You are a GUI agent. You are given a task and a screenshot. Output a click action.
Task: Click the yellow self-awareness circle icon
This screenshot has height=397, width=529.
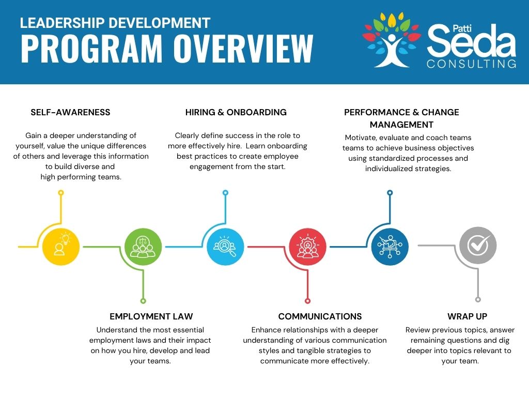pyautogui.click(x=61, y=247)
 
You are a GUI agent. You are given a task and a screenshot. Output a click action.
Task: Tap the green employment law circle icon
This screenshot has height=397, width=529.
pyautogui.click(x=143, y=247)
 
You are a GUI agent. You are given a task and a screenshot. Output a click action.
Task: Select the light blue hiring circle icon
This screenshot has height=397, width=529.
pyautogui.click(x=225, y=247)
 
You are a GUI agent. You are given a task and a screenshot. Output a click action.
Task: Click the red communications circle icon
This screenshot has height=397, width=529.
pyautogui.click(x=308, y=247)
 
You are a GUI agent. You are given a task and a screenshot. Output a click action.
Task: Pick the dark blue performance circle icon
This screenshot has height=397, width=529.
pyautogui.click(x=390, y=247)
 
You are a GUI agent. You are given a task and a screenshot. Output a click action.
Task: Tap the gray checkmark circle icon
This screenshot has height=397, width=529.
pyautogui.click(x=478, y=246)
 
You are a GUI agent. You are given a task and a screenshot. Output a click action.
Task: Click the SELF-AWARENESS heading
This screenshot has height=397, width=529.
pyautogui.click(x=70, y=112)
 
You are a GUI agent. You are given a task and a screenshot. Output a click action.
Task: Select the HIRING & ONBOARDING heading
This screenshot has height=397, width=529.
pyautogui.click(x=236, y=112)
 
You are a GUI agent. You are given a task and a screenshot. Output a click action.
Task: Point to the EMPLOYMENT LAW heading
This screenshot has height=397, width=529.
pyautogui.click(x=151, y=316)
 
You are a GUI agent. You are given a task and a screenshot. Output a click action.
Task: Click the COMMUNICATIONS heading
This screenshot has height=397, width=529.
pyautogui.click(x=320, y=316)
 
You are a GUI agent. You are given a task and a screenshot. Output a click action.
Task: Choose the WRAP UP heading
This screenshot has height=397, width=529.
pyautogui.click(x=467, y=316)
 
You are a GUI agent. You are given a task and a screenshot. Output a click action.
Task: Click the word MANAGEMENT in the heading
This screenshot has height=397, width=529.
pyautogui.click(x=401, y=125)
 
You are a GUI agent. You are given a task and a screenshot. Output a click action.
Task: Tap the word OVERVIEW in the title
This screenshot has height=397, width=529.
pyautogui.click(x=244, y=48)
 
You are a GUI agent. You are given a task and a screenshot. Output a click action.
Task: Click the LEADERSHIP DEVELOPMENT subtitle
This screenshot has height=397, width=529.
pyautogui.click(x=115, y=23)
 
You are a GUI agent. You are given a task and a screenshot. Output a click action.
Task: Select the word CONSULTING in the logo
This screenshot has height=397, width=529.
pyautogui.click(x=471, y=64)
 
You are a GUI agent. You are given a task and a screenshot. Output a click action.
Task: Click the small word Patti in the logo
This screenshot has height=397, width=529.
pyautogui.click(x=462, y=28)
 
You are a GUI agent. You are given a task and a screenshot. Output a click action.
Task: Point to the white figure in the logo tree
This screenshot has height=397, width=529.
pyautogui.click(x=392, y=50)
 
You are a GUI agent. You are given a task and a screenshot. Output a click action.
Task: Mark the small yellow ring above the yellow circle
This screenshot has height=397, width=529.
pyautogui.click(x=61, y=193)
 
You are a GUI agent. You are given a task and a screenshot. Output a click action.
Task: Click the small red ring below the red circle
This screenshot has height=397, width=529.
pyautogui.click(x=307, y=301)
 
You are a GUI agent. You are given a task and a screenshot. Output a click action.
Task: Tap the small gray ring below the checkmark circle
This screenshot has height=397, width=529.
pyautogui.click(x=478, y=299)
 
